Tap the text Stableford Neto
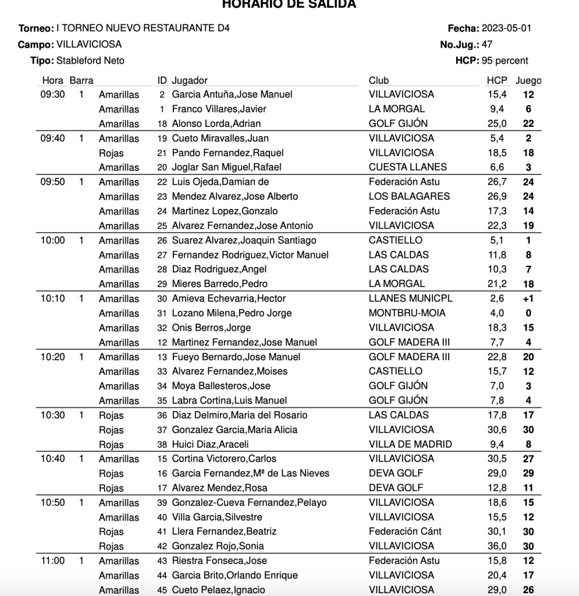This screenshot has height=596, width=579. point(90,61)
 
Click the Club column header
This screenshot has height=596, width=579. point(379,80)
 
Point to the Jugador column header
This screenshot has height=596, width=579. point(190,80)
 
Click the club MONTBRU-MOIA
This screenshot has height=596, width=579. point(407,313)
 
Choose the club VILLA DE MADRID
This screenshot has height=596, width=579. point(410,444)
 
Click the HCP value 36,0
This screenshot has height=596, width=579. point(497,546)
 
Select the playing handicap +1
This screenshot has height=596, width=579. point(528,299)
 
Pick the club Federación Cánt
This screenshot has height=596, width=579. point(405,531)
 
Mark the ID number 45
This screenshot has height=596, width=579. point(162,590)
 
